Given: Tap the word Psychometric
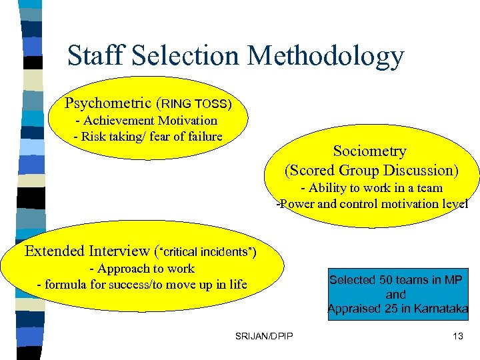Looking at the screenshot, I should tap(108, 103).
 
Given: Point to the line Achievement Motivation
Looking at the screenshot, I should tap(147, 121).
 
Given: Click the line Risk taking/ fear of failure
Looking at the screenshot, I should tap(147, 137).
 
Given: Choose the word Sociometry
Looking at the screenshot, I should tap(369, 151).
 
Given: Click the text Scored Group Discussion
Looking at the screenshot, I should tap(372, 170).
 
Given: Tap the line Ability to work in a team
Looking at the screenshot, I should tap(371, 188).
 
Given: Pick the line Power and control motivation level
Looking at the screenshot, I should tap(372, 204).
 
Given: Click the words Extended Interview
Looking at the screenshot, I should tap(87, 251).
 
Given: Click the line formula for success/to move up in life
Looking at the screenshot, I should tap(142, 285).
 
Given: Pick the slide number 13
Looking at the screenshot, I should tap(457, 336).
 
